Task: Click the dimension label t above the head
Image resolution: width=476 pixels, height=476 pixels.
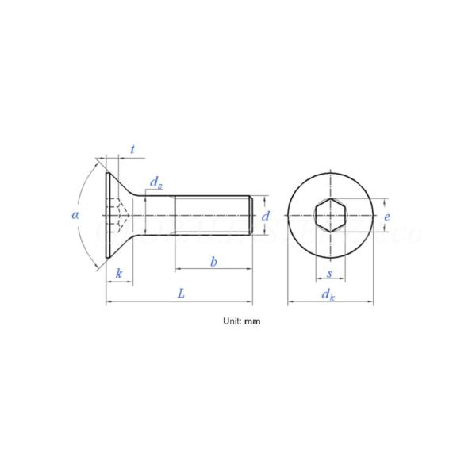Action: point(132,148)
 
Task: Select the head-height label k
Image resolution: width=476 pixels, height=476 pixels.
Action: point(119,274)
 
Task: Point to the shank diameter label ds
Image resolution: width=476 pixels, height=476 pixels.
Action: point(155,185)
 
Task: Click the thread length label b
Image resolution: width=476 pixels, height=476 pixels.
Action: point(213,261)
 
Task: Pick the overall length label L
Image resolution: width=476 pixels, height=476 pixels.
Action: point(181,294)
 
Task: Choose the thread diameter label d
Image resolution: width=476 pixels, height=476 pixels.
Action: point(267,215)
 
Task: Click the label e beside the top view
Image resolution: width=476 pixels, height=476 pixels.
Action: point(386,215)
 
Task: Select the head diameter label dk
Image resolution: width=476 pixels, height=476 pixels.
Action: point(328,294)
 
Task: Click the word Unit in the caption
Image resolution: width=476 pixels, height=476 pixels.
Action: point(232,322)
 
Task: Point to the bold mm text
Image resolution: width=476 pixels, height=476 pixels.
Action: point(252,322)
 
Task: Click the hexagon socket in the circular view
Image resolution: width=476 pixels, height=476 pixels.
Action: point(328,214)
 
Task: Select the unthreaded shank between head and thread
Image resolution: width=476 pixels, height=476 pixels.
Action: point(159,214)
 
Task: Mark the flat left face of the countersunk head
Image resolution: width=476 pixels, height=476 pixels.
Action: point(106,214)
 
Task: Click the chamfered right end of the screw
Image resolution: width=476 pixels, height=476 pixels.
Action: point(252,214)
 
